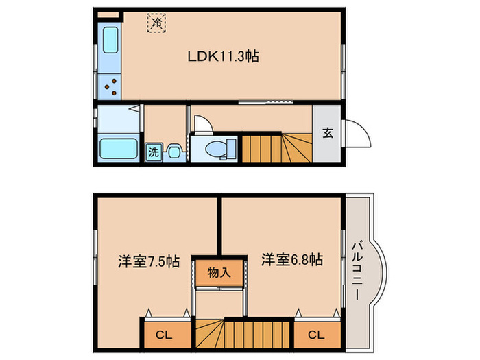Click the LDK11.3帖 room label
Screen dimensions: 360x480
223,58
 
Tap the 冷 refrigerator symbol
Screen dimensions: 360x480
156,23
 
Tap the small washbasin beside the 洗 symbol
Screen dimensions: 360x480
173,152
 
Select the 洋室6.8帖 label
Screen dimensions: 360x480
291,261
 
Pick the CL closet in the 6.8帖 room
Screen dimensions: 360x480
316,336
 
